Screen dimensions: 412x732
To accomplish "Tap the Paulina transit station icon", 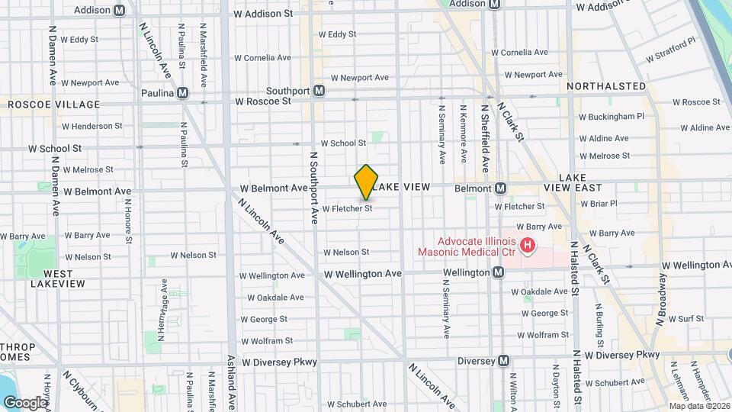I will click(182, 93).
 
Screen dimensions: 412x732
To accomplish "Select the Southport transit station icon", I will click(319, 91).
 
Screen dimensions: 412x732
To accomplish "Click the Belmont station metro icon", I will click(501, 188).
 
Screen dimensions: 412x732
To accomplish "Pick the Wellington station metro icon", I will click(498, 272).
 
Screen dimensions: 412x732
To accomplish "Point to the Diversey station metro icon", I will click(503, 361).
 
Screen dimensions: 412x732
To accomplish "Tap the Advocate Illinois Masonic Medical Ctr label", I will click(465, 246).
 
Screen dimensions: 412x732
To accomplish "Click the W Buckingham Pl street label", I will click(612, 117).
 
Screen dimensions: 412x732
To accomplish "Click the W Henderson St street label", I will click(91, 126).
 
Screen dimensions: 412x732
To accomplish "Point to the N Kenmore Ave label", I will click(464, 131).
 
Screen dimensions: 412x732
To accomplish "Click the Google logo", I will click(25, 402).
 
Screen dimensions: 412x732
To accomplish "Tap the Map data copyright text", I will click(699, 406).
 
